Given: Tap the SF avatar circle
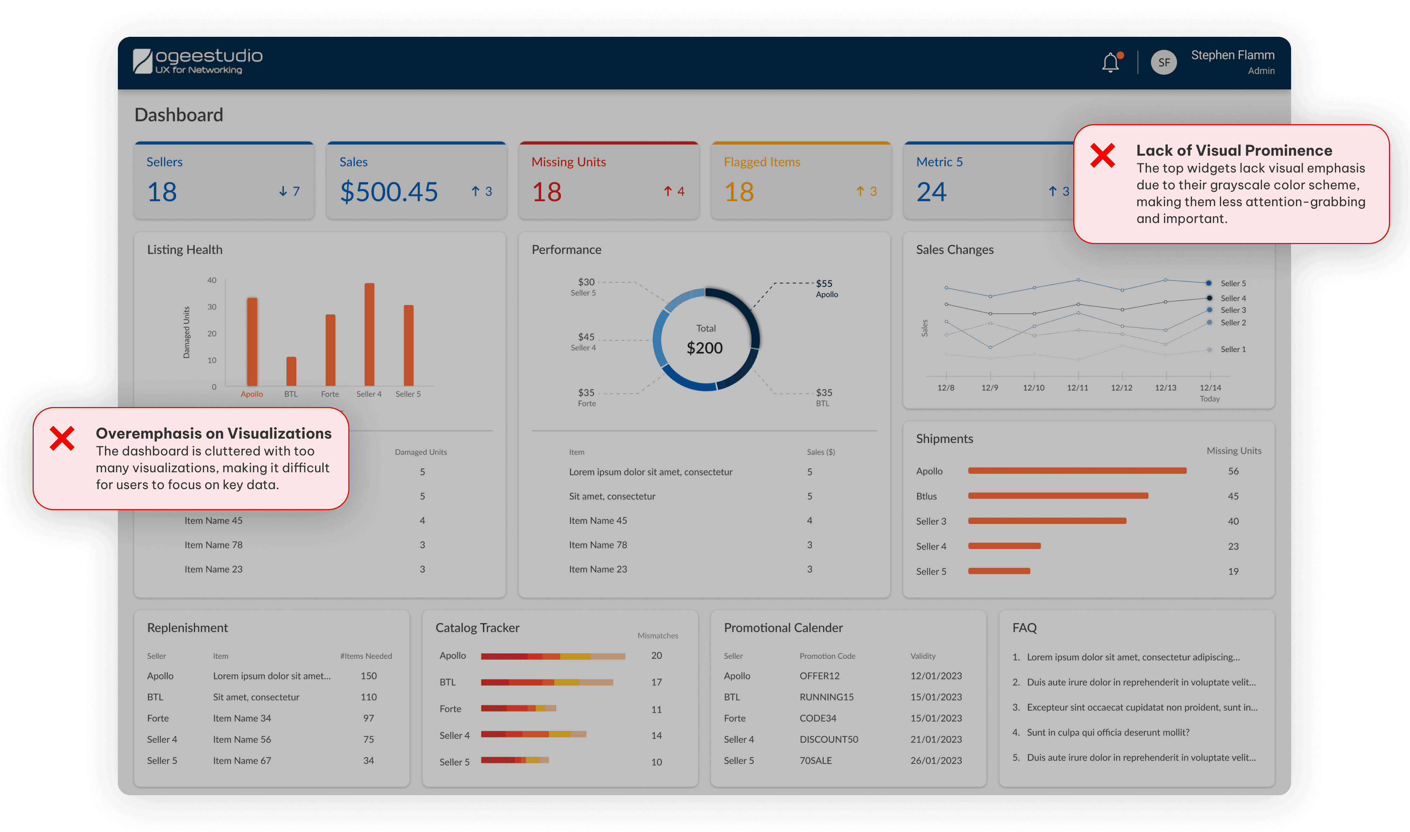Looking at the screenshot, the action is coord(1164,62).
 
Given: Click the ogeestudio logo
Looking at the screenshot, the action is coord(197,61).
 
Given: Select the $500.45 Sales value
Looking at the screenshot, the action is coord(388,192).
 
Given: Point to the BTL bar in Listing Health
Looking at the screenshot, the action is coord(291,371).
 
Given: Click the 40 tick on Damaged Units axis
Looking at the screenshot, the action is coord(211,280).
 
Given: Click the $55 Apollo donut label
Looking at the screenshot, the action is coord(826,288).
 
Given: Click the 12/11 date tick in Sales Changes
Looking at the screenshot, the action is coord(1077,387).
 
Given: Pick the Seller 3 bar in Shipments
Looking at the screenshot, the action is coord(1047,521).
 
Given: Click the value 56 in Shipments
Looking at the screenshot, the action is coord(1233,471).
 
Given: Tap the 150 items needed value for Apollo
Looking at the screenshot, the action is coord(369,676).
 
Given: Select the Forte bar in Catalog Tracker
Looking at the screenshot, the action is coord(518,708).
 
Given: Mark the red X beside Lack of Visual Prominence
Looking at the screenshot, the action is coord(1103,155).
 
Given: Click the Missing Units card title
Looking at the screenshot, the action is coord(569,162).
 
